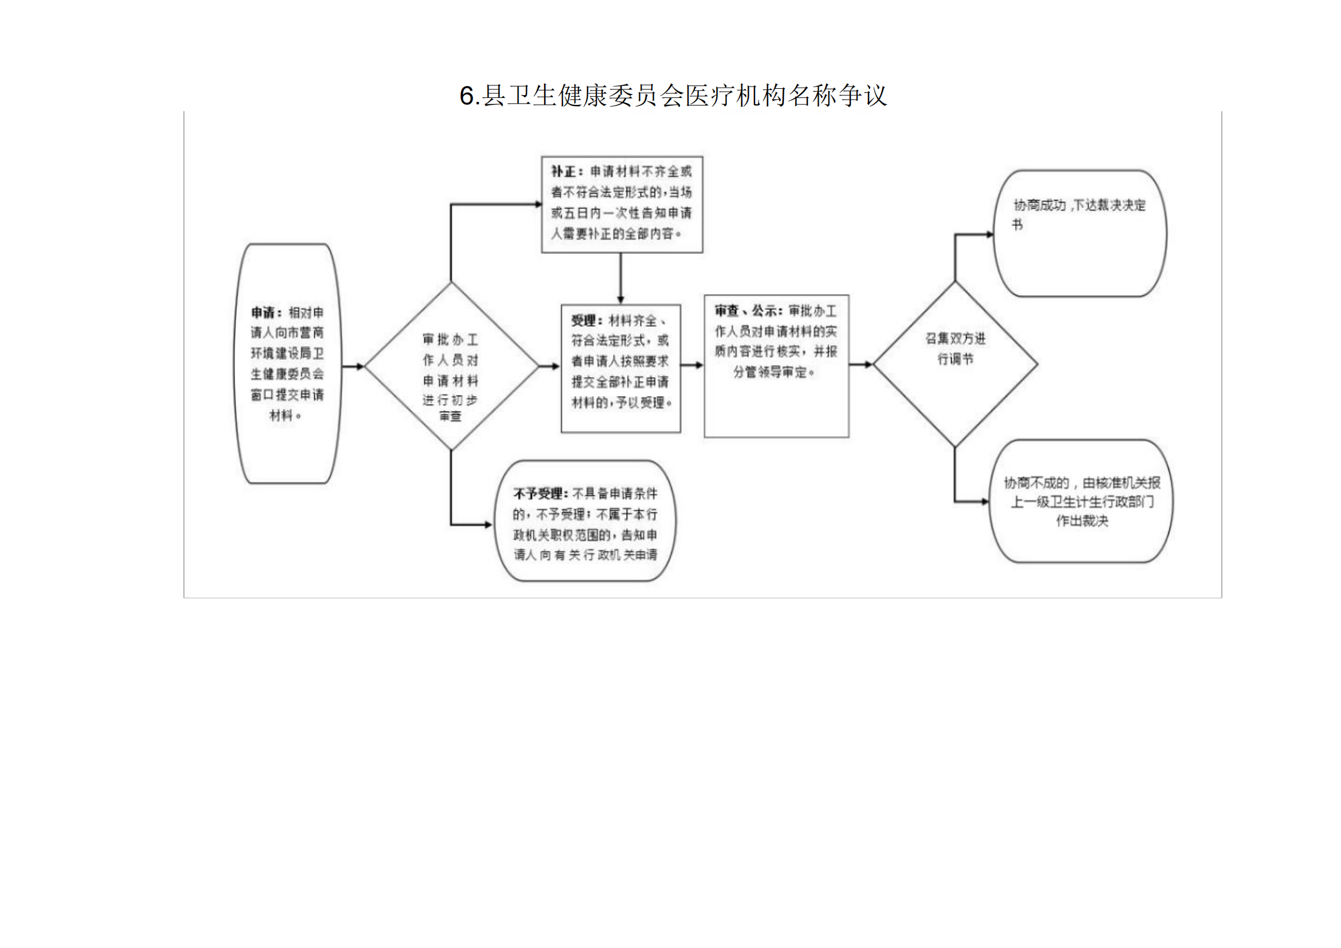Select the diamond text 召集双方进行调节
coord(955,348)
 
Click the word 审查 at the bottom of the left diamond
coord(450,416)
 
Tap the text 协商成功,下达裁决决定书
coord(1078,214)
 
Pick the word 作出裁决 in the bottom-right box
coord(1082,520)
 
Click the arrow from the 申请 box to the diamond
coord(352,367)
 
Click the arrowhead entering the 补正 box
coord(538,204)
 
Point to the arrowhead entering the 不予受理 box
coord(488,525)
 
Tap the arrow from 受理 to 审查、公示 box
coord(692,366)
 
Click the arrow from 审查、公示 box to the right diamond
coord(861,365)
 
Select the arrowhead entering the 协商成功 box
coord(990,234)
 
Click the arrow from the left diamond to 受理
coord(550,367)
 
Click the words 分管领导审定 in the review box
coord(770,372)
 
